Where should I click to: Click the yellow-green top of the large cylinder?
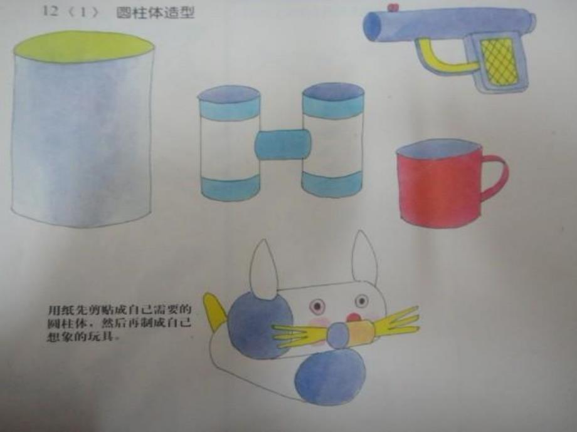click(x=83, y=46)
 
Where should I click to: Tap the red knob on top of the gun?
click(x=393, y=8)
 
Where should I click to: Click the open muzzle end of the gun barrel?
click(x=372, y=26)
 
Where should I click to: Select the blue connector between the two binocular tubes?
click(x=283, y=144)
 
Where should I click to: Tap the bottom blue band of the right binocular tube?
click(x=332, y=183)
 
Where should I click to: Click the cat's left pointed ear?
click(x=264, y=269)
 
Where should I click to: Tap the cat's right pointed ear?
click(x=364, y=258)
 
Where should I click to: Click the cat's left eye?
click(x=317, y=306)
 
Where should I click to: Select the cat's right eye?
click(x=363, y=302)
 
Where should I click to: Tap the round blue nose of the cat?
click(x=339, y=336)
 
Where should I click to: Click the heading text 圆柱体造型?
click(x=156, y=12)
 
